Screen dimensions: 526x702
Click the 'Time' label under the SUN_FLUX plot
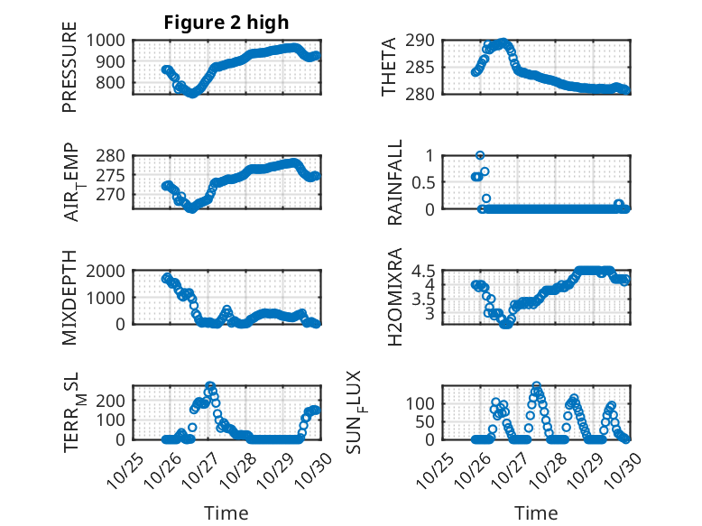[537, 512]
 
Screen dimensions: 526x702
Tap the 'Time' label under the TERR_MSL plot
[226, 512]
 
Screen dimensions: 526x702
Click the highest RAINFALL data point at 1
[480, 155]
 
